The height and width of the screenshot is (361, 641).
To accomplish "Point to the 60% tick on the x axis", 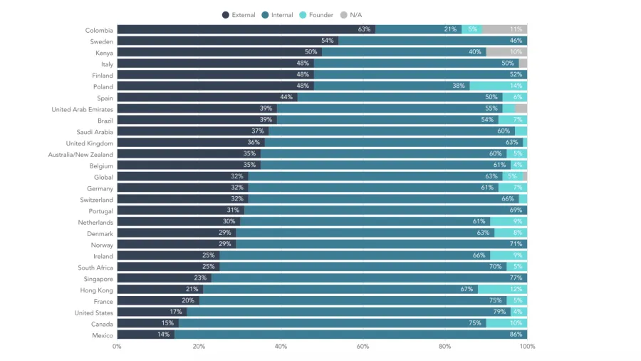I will click(x=363, y=347).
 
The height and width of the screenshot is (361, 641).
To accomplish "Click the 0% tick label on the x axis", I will click(x=117, y=347).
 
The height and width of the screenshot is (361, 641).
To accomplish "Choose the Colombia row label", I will click(x=99, y=30).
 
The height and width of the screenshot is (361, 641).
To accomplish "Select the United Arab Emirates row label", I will click(x=83, y=109).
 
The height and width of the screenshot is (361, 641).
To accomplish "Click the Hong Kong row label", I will click(x=96, y=290).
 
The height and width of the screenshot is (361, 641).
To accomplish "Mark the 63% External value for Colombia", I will click(x=365, y=30).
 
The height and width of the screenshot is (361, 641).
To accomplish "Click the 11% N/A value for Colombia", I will click(x=516, y=30).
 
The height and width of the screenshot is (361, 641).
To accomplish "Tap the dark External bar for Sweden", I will click(x=227, y=41).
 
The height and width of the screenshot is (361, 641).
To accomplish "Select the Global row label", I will click(x=103, y=177).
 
